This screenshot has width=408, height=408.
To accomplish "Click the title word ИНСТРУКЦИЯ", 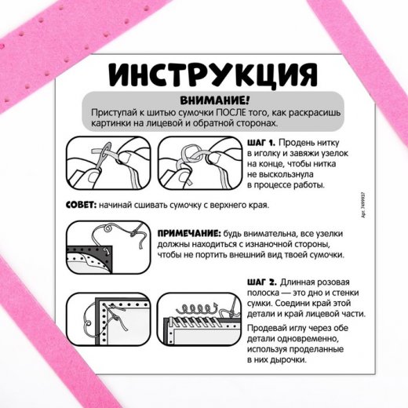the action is [x=213, y=75].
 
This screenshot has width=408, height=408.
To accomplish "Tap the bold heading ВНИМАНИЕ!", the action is [x=215, y=100].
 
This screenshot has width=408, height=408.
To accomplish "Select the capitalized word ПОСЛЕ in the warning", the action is [x=231, y=112].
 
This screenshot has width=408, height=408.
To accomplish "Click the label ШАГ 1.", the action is [x=261, y=143].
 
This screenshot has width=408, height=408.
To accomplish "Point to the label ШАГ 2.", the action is [x=262, y=282].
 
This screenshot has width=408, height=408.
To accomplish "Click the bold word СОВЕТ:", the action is [x=81, y=205].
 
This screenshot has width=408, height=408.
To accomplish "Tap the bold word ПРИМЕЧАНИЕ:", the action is [x=189, y=233].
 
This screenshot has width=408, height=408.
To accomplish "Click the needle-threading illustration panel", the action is [x=108, y=163].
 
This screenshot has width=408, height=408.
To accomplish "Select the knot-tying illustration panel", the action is [x=200, y=163].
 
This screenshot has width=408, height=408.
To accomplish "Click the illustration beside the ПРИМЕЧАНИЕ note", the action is [x=108, y=247].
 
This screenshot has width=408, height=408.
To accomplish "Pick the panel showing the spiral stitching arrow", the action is [x=199, y=319].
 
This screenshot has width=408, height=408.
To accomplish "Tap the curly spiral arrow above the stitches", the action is [x=197, y=308].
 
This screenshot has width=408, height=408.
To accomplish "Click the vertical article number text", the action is [x=363, y=206].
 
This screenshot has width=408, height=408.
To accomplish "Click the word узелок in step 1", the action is [x=335, y=154].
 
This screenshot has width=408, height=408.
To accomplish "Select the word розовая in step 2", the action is [x=332, y=282].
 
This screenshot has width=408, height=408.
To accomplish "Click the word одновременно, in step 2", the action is [x=308, y=339].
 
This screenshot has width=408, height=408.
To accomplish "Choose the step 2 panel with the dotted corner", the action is [x=108, y=319].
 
